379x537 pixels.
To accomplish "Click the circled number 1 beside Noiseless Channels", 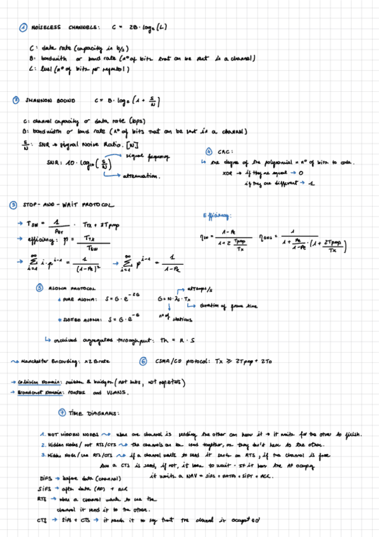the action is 23,27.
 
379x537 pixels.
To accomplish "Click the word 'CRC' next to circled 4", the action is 228,152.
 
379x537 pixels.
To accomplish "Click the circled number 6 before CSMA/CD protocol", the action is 143,362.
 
